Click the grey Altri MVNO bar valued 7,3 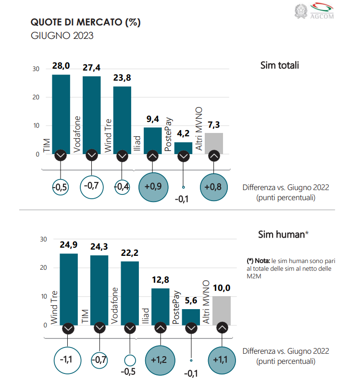pyautogui.click(x=214, y=143)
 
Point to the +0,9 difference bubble pyautogui.click(x=152, y=186)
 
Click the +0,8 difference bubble pyautogui.click(x=214, y=186)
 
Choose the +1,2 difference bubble pyautogui.click(x=160, y=359)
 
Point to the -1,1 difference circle pyautogui.click(x=68, y=359)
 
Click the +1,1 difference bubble pyautogui.click(x=222, y=359)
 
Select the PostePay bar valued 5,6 pyautogui.click(x=191, y=317)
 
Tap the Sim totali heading pyautogui.click(x=279, y=65)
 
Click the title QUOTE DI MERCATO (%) pyautogui.click(x=86, y=22)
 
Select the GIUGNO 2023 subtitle pyautogui.click(x=62, y=36)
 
